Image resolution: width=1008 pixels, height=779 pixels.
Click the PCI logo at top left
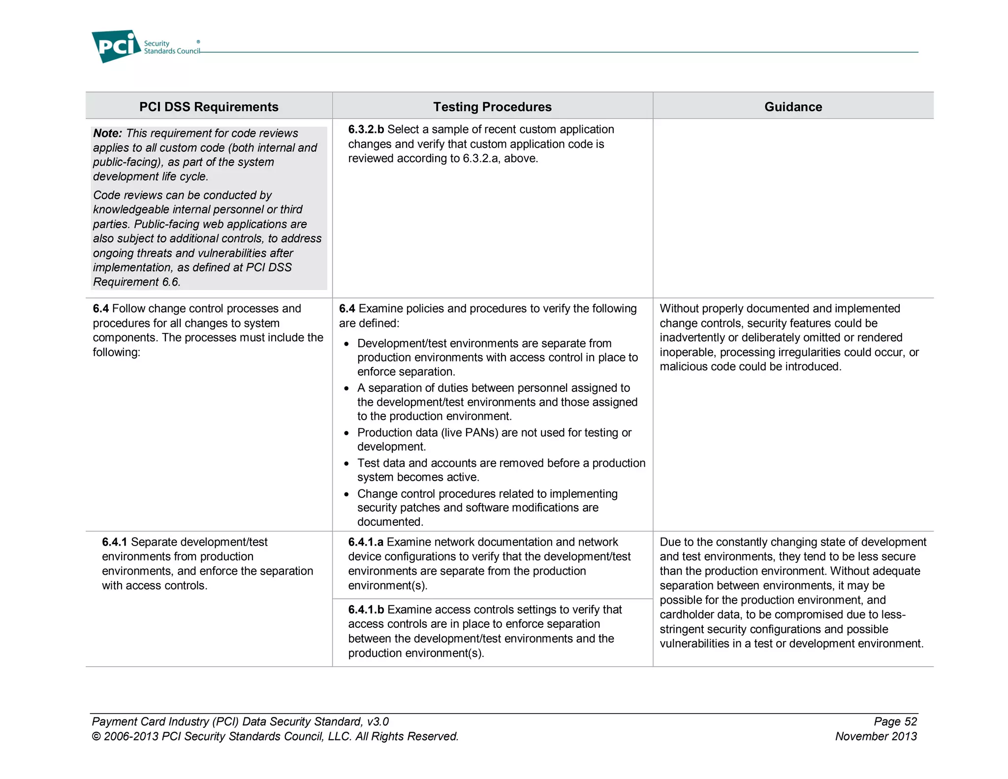(116, 46)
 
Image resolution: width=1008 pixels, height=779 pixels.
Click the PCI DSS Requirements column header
(209, 107)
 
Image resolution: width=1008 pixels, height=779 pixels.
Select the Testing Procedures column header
(492, 107)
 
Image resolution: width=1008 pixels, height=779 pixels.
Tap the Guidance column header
(793, 107)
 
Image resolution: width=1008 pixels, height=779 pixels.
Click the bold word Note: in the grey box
(107, 133)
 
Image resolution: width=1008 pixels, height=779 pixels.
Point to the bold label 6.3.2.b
(366, 130)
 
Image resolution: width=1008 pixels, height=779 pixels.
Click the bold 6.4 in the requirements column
(100, 309)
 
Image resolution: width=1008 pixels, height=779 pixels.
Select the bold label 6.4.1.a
(366, 542)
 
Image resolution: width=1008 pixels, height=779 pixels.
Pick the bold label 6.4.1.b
(366, 610)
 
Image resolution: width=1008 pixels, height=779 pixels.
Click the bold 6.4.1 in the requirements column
(114, 542)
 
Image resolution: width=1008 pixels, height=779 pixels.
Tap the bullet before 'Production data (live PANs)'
(346, 434)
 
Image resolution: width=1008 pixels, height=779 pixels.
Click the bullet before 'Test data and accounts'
(346, 464)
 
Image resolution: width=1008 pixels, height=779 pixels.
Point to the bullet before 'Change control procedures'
(346, 495)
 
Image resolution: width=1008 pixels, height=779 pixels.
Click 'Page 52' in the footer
(895, 722)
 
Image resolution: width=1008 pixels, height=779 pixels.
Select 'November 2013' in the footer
(876, 737)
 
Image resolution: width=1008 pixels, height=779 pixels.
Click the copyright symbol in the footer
(96, 737)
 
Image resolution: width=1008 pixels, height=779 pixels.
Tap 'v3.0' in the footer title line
(378, 722)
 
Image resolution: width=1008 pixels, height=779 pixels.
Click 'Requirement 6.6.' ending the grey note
(137, 282)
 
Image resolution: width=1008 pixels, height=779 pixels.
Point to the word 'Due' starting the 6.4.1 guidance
(670, 542)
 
